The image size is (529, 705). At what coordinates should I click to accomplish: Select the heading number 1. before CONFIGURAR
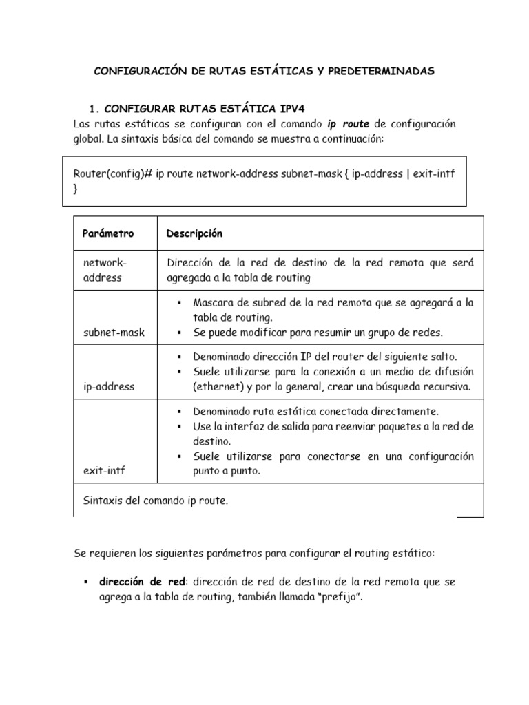[x=96, y=109]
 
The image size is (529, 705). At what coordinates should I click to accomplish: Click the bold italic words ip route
[x=348, y=124]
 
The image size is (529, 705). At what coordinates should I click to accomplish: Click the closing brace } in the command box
[x=76, y=189]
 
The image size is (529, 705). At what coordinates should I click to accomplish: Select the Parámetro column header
[x=108, y=233]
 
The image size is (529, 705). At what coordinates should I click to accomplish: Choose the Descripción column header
[x=194, y=233]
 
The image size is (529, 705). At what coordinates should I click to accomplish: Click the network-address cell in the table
[x=105, y=270]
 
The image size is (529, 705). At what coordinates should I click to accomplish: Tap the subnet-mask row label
[x=114, y=333]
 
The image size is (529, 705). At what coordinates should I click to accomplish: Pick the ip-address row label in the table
[x=109, y=387]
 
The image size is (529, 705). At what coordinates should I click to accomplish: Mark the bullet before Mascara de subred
[x=178, y=303]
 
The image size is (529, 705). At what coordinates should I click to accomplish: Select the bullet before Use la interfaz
[x=178, y=427]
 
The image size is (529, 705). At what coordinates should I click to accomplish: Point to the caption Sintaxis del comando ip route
[x=155, y=501]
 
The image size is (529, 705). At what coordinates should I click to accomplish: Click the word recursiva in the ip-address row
[x=446, y=387]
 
